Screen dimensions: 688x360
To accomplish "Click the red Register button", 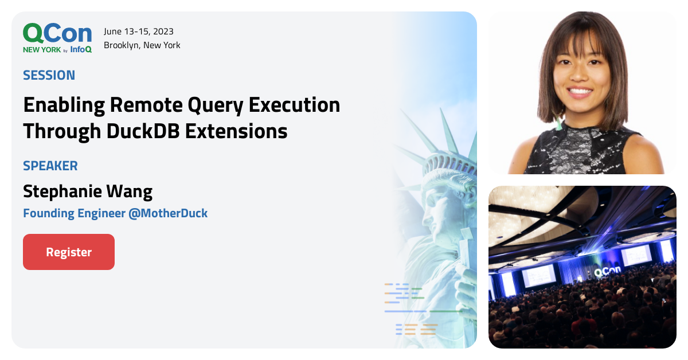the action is (69, 252).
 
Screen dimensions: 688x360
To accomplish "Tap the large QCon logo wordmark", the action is (57, 33).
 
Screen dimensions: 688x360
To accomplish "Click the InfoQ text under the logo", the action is (81, 49).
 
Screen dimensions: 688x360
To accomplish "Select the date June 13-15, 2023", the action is (139, 32).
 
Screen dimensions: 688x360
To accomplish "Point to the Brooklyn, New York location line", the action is (142, 45).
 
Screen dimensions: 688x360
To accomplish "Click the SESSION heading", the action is (49, 75).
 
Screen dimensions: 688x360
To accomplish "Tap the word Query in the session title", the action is (216, 105).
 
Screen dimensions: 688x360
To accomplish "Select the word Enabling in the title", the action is (64, 105).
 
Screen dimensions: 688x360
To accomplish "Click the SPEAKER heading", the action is (50, 166).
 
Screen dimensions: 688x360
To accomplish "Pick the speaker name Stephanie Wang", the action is (88, 191).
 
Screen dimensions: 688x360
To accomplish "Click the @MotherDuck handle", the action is (168, 213).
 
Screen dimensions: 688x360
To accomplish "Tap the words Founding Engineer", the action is (75, 213).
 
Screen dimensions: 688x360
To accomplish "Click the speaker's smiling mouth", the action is (580, 92).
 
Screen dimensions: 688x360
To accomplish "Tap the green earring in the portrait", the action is (558, 123).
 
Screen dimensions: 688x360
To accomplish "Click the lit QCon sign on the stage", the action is (608, 271).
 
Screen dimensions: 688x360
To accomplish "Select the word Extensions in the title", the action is (236, 131).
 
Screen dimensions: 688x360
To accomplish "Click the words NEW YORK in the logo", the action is (42, 50).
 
